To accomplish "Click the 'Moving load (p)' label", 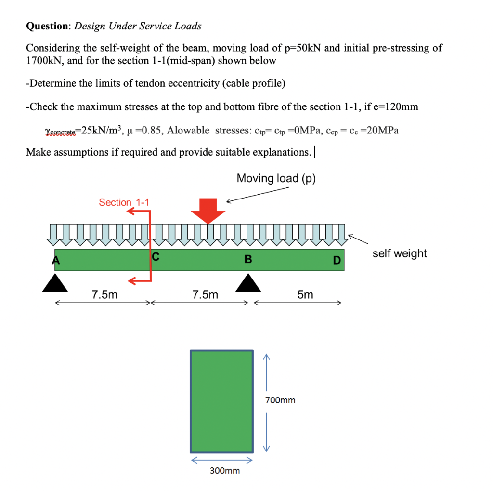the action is [x=276, y=178].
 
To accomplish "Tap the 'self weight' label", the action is [x=399, y=253].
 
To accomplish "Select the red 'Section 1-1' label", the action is [x=124, y=202].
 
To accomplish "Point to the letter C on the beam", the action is [x=155, y=257].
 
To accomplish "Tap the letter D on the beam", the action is [x=337, y=261].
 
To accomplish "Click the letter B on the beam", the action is [x=247, y=260].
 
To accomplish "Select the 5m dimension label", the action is [x=305, y=294].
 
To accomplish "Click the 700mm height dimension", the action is [x=280, y=400].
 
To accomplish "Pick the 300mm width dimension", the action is [x=225, y=470].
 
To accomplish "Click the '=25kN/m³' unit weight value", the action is [x=98, y=130].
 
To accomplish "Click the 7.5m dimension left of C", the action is [x=104, y=294].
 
